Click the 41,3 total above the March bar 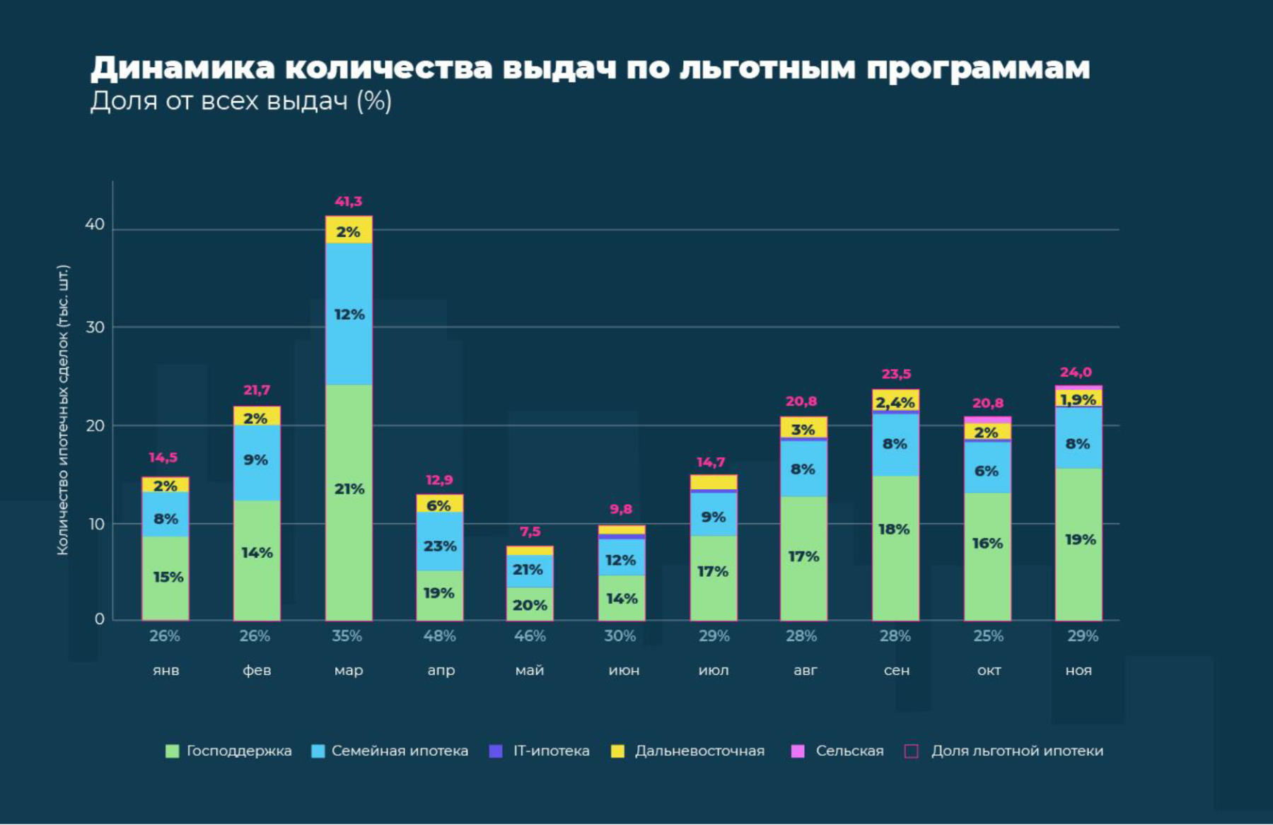click(348, 202)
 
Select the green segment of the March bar click(349, 502)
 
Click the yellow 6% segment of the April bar click(440, 504)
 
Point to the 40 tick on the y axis click(95, 225)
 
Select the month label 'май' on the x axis click(530, 670)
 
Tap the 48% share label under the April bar click(439, 636)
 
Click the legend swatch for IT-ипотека click(496, 751)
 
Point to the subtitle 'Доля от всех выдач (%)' click(240, 101)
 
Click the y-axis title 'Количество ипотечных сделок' click(63, 410)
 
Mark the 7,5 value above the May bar click(530, 532)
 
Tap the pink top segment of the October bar click(987, 420)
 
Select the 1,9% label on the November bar click(1079, 399)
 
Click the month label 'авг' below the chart click(805, 670)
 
